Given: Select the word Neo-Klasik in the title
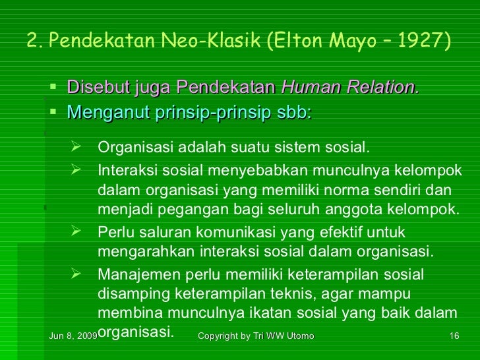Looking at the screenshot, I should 209,41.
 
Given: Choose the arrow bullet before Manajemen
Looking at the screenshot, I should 75,273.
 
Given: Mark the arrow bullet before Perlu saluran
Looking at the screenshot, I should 75,232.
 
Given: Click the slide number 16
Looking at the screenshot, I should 454,337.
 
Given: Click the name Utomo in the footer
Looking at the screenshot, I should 298,337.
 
